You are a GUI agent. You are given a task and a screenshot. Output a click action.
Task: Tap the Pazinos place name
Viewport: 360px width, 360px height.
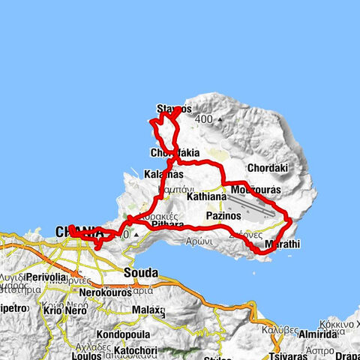pos(223,215)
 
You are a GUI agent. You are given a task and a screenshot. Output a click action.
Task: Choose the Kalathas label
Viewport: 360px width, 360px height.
pos(163,175)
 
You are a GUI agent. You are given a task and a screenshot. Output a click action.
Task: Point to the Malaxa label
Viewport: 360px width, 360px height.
pos(148,309)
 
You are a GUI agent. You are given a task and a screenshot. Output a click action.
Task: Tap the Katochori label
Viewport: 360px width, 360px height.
pos(137,349)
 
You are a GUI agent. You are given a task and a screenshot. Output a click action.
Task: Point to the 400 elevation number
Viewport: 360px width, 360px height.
pos(203,119)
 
